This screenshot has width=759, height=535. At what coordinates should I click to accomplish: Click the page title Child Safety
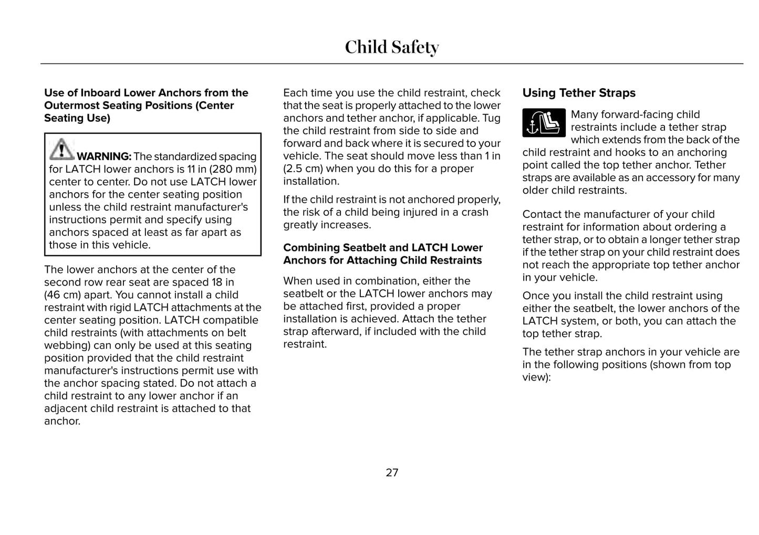391,47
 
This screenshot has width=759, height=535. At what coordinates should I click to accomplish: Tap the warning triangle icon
61,149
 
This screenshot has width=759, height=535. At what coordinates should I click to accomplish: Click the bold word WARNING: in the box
104,156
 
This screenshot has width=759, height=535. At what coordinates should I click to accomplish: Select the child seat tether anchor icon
544,123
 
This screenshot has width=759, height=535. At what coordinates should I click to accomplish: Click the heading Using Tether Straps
578,93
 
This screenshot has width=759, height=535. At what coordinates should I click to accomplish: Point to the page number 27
392,473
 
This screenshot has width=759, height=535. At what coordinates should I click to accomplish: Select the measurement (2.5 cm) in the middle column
303,169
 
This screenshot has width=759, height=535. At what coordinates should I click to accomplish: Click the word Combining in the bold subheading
311,248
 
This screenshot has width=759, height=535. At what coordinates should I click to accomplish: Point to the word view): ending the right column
536,377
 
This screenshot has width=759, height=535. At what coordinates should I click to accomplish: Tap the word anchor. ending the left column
63,421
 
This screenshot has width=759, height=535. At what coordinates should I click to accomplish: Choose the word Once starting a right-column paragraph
536,296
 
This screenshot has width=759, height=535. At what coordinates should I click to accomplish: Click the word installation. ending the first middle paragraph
311,181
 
